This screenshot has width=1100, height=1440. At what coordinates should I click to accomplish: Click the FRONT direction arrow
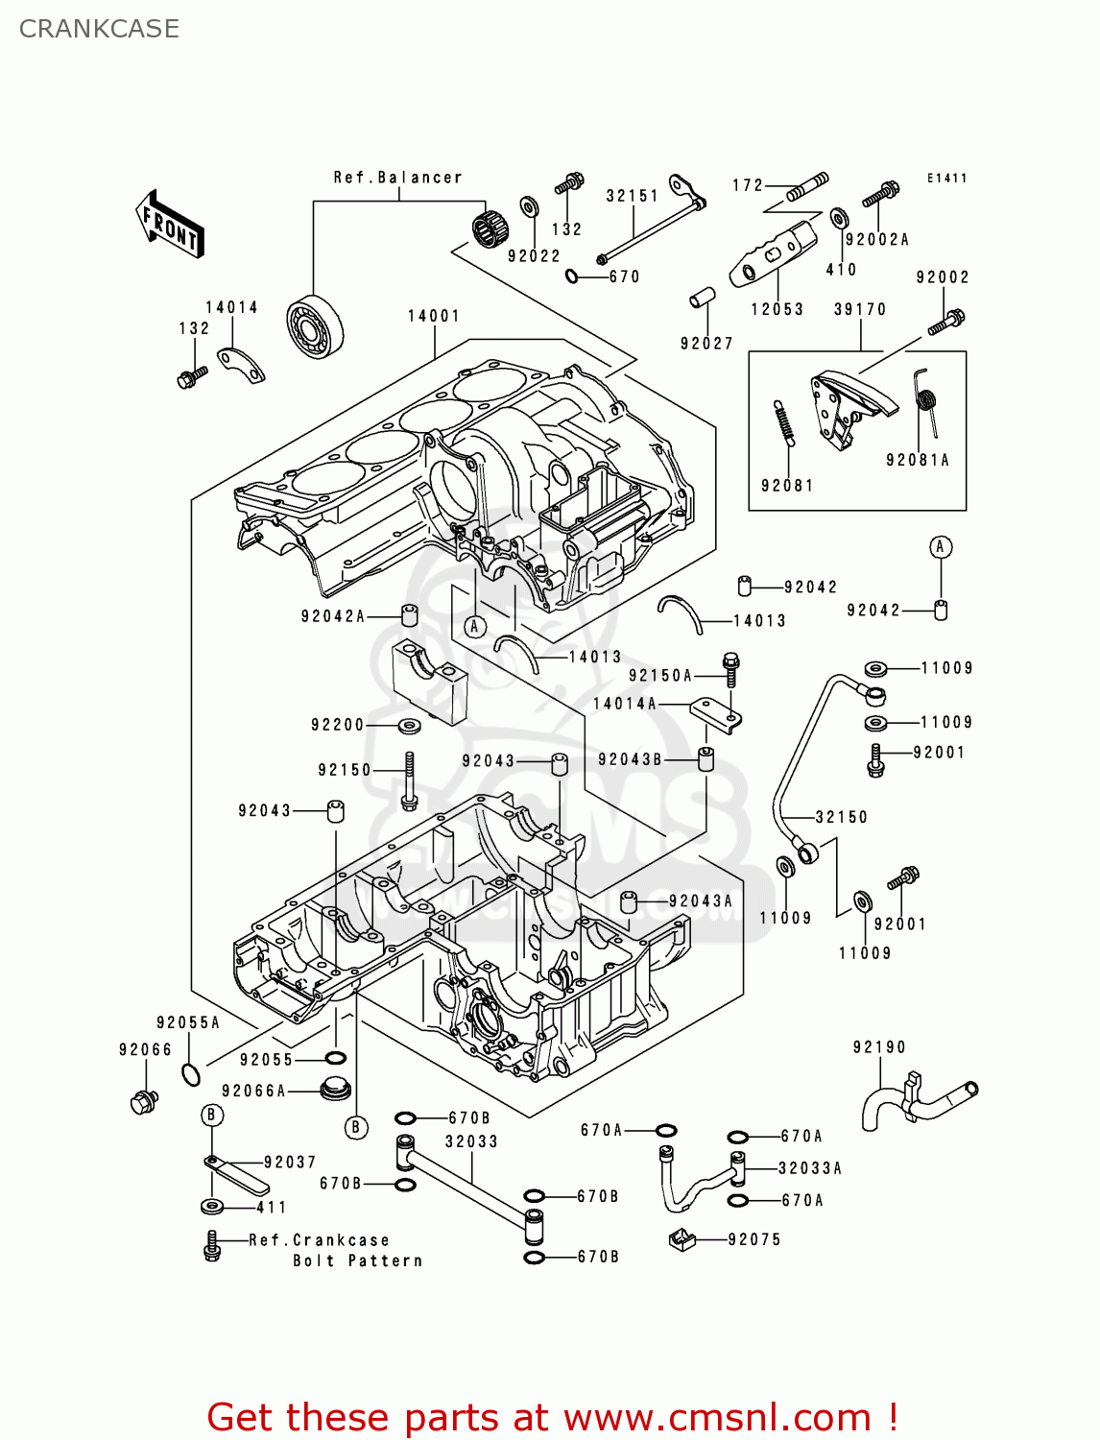(171, 224)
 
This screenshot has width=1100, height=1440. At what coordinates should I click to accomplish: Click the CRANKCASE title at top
(99, 29)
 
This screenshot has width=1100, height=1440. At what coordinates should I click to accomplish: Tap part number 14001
(434, 316)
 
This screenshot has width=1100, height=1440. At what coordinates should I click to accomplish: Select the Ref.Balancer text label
(397, 178)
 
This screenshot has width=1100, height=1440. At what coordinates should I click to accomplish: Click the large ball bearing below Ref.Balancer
(314, 326)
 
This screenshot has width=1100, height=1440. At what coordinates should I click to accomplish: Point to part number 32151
(632, 196)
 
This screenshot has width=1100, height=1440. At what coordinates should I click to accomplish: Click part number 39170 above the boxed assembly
(859, 309)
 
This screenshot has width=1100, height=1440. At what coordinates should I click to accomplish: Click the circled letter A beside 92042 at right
(941, 547)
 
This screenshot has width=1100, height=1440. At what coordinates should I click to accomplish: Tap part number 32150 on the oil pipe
(841, 817)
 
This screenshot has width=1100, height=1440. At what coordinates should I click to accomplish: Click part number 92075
(754, 1239)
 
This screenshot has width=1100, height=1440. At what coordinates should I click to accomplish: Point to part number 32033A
(809, 1168)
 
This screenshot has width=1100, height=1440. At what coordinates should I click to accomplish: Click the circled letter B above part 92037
(212, 1115)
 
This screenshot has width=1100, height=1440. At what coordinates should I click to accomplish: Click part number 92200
(337, 725)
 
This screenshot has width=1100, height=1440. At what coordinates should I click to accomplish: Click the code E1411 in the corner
(946, 179)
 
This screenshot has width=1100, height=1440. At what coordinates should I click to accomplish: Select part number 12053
(777, 309)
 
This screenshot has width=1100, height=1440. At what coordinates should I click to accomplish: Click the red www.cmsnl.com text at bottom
(716, 1417)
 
